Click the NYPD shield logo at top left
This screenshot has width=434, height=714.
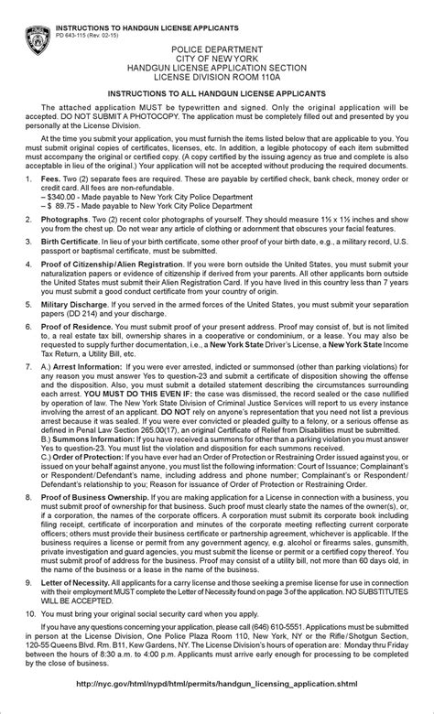pos(38,38)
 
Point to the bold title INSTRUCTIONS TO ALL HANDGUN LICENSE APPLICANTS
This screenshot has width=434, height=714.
pos(218,94)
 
